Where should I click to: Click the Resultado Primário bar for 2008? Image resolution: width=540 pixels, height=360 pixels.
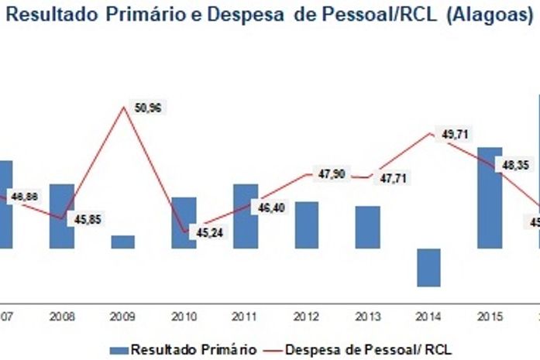tap(62, 216)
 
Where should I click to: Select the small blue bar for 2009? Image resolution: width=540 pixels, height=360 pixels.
tap(123, 242)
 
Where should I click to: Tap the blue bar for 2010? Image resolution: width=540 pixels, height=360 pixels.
tap(184, 222)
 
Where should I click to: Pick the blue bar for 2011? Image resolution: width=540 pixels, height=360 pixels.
tap(246, 216)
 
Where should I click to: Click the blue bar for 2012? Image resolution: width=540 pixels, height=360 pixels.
tap(307, 225)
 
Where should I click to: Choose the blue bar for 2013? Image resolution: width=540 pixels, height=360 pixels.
tap(368, 227)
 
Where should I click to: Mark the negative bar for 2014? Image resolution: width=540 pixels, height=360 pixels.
tap(428, 267)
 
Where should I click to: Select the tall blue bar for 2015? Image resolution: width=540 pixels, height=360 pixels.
tap(490, 197)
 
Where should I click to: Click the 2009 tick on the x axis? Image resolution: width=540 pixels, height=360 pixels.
tap(123, 316)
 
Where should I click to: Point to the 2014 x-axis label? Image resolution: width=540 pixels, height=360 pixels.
tap(428, 316)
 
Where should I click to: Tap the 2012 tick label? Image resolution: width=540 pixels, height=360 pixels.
tap(307, 316)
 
